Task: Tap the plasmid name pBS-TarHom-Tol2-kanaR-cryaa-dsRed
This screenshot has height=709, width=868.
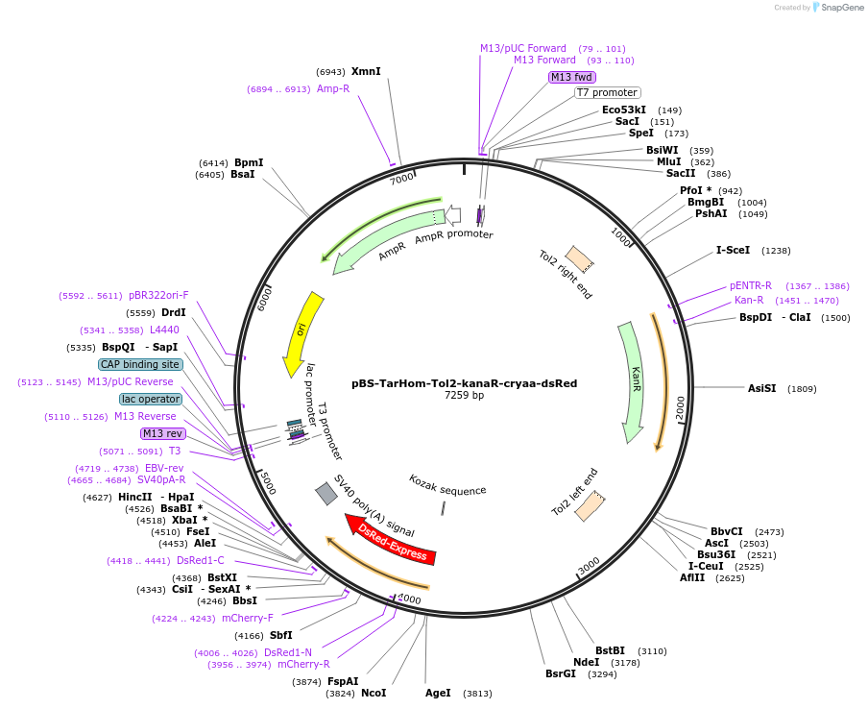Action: point(464,382)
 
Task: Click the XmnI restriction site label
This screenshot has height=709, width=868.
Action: point(366,71)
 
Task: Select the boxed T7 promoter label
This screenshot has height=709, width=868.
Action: point(607,92)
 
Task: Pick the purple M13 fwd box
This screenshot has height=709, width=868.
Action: point(571,77)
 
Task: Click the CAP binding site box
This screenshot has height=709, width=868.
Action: point(140,364)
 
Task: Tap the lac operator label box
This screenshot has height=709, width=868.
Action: point(151,399)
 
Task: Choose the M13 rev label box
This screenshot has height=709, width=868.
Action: point(162,433)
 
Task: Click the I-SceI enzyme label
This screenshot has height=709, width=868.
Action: point(733,250)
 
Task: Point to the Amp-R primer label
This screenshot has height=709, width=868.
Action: point(333,88)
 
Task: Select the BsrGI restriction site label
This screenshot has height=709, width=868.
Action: point(561,673)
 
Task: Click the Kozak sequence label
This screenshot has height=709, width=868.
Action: point(447,490)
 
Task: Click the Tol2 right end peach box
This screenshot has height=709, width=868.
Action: point(579,258)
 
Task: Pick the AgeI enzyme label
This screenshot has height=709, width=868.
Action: point(438,693)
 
